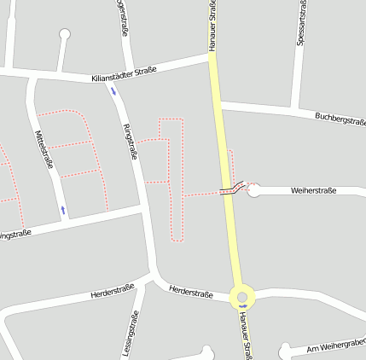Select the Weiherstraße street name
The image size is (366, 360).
point(313,190)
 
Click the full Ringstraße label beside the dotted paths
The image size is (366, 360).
point(131,141)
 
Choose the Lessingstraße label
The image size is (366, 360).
point(132,334)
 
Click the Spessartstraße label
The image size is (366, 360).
point(302,23)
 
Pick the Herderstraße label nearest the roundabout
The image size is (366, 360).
point(191,293)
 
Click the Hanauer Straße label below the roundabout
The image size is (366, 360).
point(246,334)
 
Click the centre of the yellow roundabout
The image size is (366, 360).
point(243,298)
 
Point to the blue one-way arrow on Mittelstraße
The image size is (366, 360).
point(62,209)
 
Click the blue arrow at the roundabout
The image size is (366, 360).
point(243,306)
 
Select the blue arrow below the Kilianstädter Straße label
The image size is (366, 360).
point(113,91)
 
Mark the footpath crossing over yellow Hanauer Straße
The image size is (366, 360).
point(229,190)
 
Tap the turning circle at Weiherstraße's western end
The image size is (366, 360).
point(253,189)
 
